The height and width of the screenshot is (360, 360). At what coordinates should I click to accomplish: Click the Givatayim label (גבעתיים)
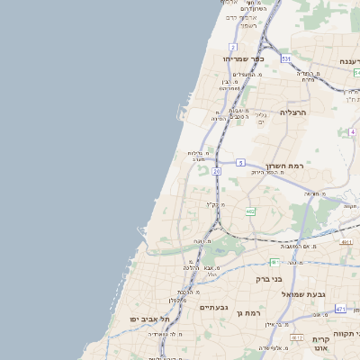pyautogui.click(x=213, y=308)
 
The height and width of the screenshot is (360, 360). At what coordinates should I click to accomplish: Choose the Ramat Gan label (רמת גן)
pyautogui.click(x=245, y=312)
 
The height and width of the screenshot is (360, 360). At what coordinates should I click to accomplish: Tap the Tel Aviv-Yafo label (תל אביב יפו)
pyautogui.click(x=149, y=319)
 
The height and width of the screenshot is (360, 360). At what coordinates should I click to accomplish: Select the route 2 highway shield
pyautogui.click(x=233, y=46)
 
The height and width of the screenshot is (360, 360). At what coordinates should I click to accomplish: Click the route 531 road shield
pyautogui.click(x=285, y=58)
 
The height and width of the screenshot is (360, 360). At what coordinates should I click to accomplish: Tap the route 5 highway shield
pyautogui.click(x=241, y=162)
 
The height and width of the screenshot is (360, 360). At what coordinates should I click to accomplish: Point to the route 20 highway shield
pyautogui.click(x=217, y=171)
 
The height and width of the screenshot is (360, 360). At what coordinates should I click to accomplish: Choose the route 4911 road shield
pyautogui.click(x=346, y=242)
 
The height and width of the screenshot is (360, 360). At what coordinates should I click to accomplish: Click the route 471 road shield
pyautogui.click(x=340, y=309)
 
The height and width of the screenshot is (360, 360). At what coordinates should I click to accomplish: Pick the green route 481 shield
pyautogui.click(x=274, y=262)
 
